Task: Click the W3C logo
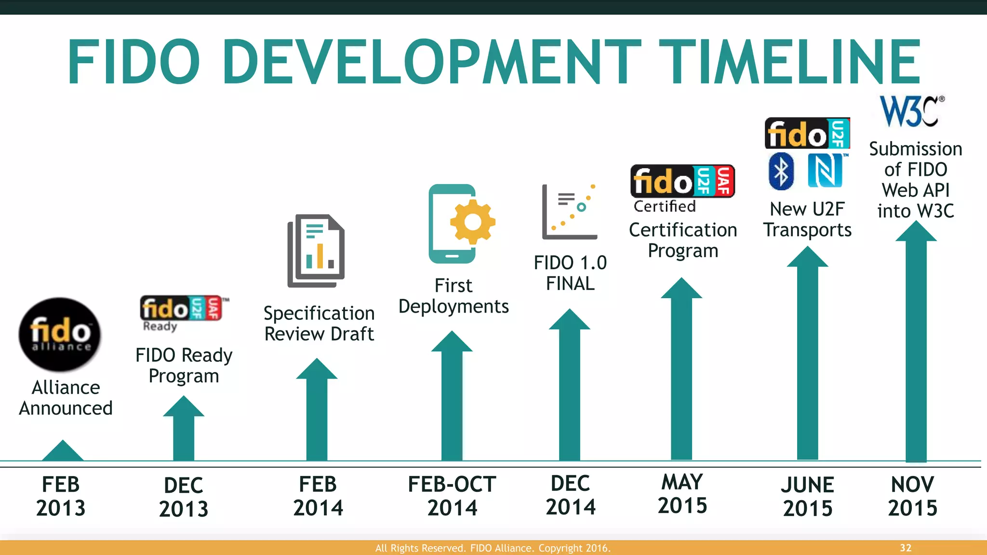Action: [x=910, y=111]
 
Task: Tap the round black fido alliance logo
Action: [x=60, y=334]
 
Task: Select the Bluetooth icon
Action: [x=781, y=171]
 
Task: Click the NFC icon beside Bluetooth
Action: [x=825, y=171]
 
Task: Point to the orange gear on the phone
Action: [x=472, y=222]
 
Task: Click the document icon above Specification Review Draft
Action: [x=316, y=251]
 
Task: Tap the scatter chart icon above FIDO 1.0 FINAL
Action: [x=570, y=212]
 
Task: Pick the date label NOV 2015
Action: [x=912, y=496]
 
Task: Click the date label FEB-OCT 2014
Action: [x=452, y=496]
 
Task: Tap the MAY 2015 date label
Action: [x=682, y=494]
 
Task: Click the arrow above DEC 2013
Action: [x=184, y=429]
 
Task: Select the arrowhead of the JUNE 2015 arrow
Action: [x=808, y=258]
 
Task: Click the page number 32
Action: [x=906, y=548]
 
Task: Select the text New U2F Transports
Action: [x=807, y=219]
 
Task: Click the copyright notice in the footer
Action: [x=493, y=548]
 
